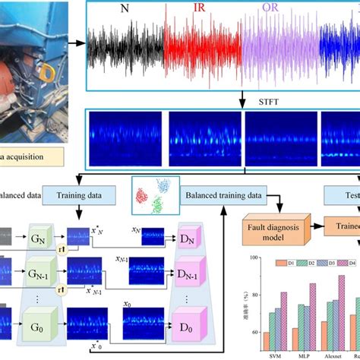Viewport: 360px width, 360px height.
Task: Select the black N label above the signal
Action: [125, 10]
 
